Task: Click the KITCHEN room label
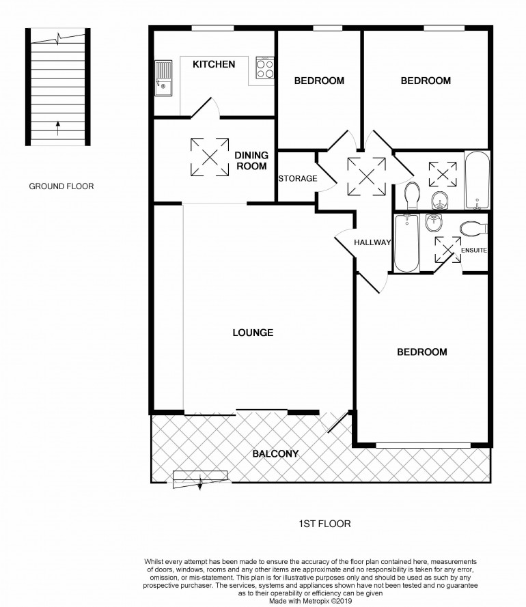pos(214,64)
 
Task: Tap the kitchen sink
pos(163,77)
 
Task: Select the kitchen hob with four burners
pos(265,68)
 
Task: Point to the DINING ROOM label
pos(251,160)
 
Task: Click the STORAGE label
pos(297,178)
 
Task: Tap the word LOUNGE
pos(253,333)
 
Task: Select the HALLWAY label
pos(372,242)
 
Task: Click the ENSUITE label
pos(473,250)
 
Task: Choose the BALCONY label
pos(275,453)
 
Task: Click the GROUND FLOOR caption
pos(61,186)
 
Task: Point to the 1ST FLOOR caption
pos(324,524)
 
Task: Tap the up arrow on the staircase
pos(58,128)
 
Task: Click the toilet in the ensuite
pos(473,229)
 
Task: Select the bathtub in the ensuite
pos(406,243)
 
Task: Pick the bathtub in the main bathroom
pos(477,180)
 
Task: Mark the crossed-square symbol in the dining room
pos(210,157)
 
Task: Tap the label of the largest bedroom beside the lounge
pos(421,352)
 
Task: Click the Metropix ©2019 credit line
pos(311,601)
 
